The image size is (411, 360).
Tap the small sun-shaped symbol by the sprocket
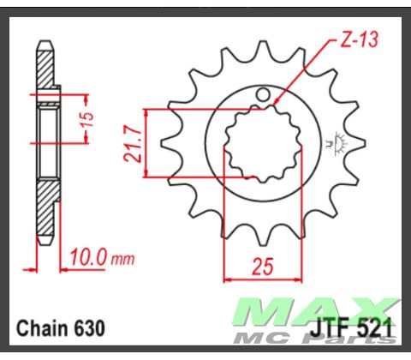(334, 141)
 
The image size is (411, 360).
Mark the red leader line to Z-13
(300, 73)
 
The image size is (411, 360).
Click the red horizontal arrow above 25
(260, 279)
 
